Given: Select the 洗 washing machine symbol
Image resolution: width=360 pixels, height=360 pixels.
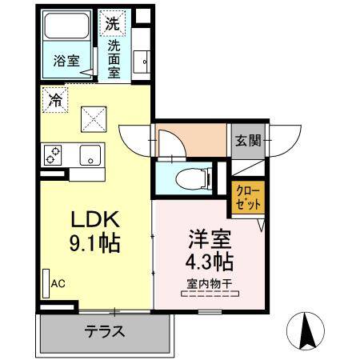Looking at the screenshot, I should [112, 23].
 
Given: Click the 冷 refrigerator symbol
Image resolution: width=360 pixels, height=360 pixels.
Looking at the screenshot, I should [54, 101].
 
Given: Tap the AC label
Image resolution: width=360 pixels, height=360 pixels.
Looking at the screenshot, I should [58, 282].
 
